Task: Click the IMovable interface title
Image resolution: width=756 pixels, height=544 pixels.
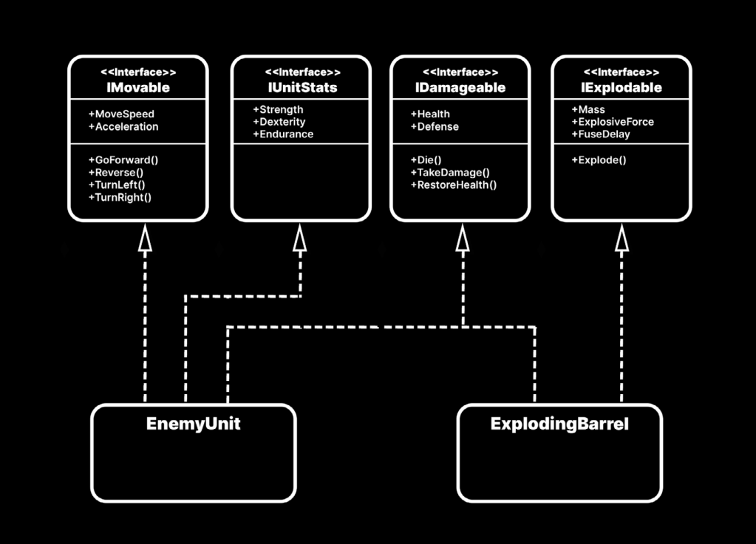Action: coord(138,88)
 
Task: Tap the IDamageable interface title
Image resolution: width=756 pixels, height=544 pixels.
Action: coord(460,88)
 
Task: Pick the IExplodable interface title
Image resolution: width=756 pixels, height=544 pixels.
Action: coord(621,88)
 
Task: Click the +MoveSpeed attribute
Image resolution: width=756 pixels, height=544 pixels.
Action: coord(121,114)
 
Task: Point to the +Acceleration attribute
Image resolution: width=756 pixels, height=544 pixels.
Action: coord(123,126)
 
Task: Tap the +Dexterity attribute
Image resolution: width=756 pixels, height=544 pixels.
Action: coord(279,122)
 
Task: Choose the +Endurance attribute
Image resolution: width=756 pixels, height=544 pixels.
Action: coord(282,134)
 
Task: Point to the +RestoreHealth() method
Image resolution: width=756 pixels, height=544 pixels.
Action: coord(454,185)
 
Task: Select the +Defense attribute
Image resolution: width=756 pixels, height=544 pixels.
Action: coord(435,126)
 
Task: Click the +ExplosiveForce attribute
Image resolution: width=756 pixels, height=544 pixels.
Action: coord(613,122)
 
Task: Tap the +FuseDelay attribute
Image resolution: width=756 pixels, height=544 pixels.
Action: coord(601,134)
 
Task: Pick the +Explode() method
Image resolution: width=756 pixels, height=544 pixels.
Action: coord(599,159)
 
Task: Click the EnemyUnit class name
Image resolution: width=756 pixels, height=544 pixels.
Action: coord(193,424)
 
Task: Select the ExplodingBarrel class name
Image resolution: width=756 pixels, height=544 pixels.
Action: coord(559,424)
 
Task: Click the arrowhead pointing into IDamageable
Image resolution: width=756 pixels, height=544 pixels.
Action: coord(463,237)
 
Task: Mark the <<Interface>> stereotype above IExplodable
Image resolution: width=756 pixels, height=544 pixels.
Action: coord(621,72)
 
